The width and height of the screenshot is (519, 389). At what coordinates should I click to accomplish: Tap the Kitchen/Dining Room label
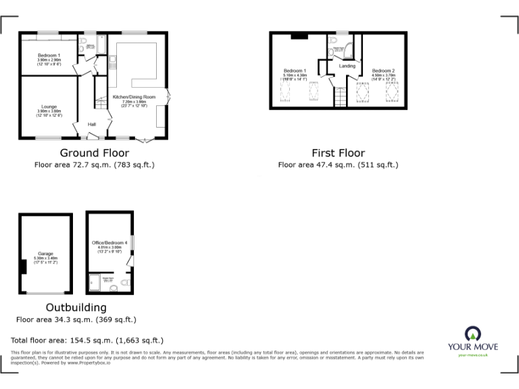pyautogui.click(x=134, y=97)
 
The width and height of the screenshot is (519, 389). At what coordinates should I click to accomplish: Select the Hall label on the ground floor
pyautogui.click(x=91, y=124)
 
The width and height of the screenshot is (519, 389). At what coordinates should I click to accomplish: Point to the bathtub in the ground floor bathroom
pyautogui.click(x=101, y=46)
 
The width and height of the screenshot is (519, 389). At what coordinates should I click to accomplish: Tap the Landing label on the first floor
pyautogui.click(x=347, y=66)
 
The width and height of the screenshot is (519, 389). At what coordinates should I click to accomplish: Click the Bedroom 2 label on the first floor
pyautogui.click(x=382, y=70)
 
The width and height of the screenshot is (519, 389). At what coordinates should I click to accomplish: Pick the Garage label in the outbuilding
pyautogui.click(x=45, y=254)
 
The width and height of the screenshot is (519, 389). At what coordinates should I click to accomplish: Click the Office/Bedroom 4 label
pyautogui.click(x=109, y=242)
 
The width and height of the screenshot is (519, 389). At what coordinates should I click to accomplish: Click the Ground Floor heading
pyautogui.click(x=94, y=153)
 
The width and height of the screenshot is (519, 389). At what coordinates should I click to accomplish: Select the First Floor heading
pyautogui.click(x=338, y=153)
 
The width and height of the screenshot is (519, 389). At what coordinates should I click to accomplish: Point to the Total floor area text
pyautogui.click(x=88, y=340)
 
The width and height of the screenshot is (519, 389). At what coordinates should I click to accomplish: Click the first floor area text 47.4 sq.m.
pyautogui.click(x=338, y=165)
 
